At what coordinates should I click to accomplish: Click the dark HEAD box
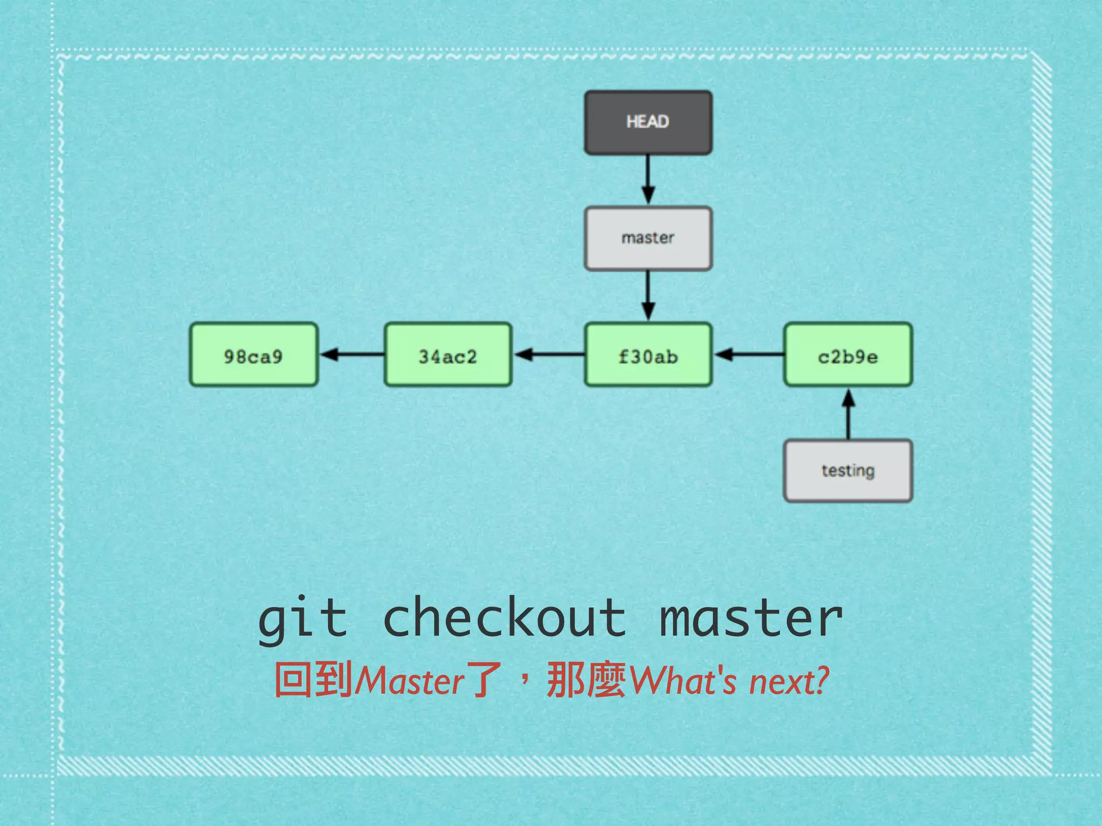(x=648, y=123)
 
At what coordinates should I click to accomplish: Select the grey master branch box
(x=648, y=238)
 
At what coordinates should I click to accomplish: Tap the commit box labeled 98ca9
(x=253, y=355)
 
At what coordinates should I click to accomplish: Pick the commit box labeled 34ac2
(x=448, y=355)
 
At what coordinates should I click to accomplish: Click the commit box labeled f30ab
(x=648, y=355)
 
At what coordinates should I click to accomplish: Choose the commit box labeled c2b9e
(x=848, y=355)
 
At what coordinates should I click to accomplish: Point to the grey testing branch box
(x=848, y=471)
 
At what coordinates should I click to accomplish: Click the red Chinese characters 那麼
(x=587, y=680)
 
